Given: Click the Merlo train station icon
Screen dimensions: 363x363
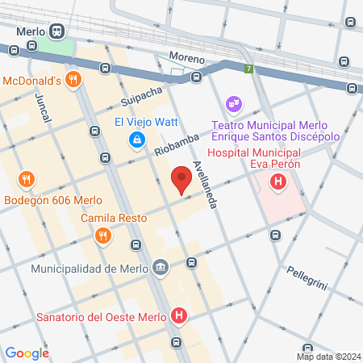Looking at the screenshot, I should pos(56,31).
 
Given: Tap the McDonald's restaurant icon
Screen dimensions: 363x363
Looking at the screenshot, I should pos(73,80).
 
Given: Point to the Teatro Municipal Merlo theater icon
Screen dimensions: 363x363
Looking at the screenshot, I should pos(234,104).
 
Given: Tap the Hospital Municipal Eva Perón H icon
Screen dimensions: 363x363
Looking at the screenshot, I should pos(278,183).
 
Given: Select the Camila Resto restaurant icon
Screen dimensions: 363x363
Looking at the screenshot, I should pos(102,236).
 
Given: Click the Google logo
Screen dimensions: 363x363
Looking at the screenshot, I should pos(27,353).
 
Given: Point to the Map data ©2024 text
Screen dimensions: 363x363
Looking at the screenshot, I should pos(328,357).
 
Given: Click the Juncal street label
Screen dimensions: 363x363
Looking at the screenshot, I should pos(43,107).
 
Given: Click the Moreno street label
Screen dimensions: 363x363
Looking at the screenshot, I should pos(186,57).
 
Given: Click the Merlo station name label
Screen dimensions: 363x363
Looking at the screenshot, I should pos(31,31).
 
